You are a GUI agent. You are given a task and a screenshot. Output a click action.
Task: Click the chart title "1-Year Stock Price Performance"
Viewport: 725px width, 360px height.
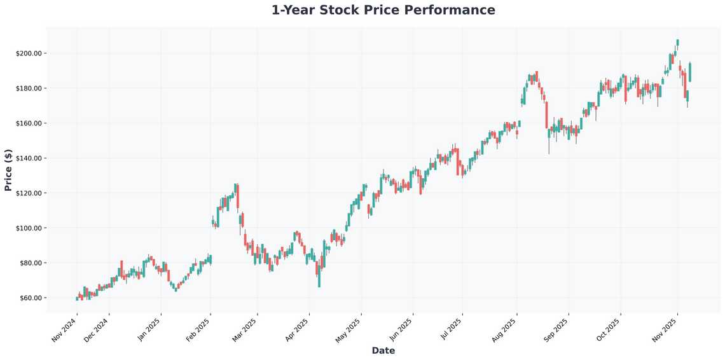point(383,10)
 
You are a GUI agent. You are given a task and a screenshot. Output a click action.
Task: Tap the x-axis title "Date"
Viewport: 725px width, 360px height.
point(383,350)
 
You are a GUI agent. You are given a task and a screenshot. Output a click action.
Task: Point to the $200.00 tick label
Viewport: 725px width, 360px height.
point(29,53)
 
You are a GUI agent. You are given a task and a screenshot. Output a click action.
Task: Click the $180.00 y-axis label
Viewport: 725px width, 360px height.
point(29,88)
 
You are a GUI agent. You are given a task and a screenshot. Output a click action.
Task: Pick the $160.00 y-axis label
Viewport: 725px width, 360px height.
point(29,123)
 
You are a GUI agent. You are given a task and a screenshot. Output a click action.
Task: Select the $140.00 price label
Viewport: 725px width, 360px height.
point(29,158)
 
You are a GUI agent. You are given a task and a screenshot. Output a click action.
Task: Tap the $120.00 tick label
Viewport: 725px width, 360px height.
point(29,193)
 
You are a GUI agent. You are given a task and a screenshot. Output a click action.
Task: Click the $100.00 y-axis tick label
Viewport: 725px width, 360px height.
point(29,228)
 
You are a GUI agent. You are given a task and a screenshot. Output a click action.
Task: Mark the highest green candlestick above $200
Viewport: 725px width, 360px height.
point(677,43)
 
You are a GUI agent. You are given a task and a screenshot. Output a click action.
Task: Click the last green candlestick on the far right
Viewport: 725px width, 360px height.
point(690,72)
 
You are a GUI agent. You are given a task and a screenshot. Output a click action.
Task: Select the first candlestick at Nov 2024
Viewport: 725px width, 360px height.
point(77,298)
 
